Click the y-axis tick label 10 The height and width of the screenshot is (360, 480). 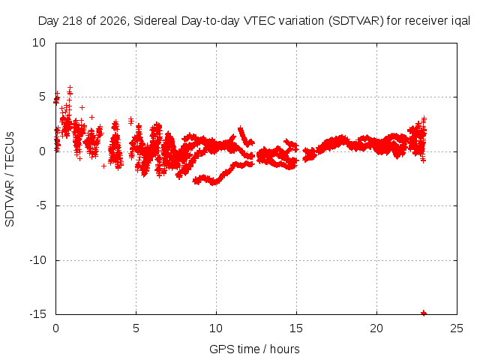coord(39,43)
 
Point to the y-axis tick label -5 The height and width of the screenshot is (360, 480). coord(40,205)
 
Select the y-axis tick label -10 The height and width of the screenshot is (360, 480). coord(37,260)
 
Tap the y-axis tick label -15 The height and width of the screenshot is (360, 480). coord(37,314)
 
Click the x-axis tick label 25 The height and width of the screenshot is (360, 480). coord(457,328)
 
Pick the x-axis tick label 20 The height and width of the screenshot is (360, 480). coord(376,328)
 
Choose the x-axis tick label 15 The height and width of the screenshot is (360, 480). coord(296,328)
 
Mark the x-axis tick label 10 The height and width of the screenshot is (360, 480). coord(216,328)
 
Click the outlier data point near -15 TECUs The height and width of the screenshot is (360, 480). coord(424,313)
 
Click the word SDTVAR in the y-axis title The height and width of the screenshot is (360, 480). coord(10,203)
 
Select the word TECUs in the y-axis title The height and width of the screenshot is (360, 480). coord(10,150)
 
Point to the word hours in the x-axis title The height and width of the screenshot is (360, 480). coord(285,349)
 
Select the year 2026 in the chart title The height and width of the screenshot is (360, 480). coord(113,21)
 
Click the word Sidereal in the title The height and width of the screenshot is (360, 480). coord(155,21)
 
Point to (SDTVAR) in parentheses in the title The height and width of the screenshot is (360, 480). coord(356,21)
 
